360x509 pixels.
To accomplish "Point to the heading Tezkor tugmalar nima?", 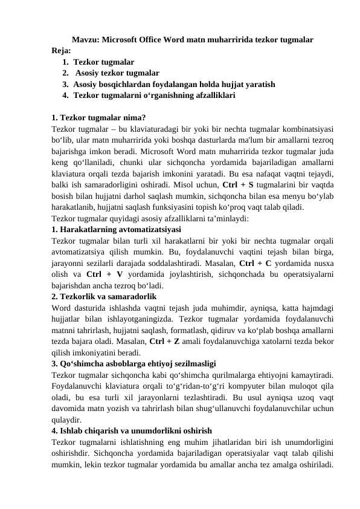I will pos(98,118).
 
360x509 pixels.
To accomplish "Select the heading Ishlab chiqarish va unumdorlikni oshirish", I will pos(132,432).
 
